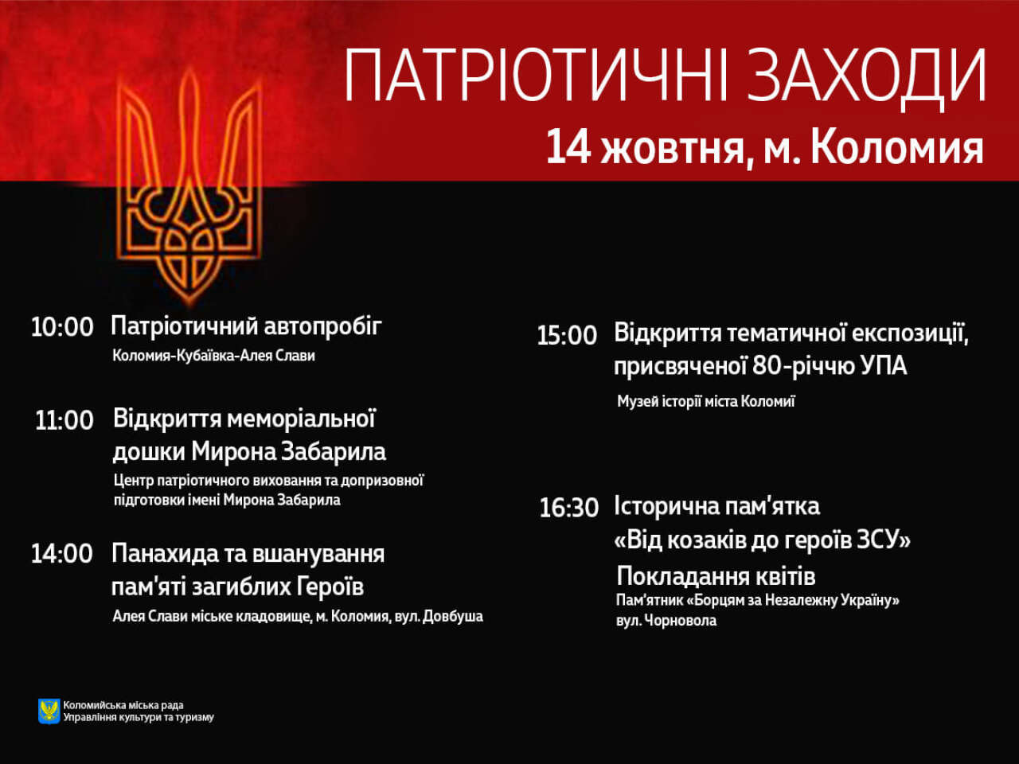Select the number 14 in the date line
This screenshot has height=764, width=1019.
click(568, 146)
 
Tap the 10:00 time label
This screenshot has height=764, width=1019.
click(62, 328)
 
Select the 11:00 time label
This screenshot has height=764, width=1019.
click(64, 420)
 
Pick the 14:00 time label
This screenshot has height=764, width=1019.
click(62, 554)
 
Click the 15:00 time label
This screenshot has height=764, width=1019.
click(567, 335)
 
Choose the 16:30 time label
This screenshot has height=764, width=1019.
click(568, 508)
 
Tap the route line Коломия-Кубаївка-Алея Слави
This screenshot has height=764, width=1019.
click(213, 356)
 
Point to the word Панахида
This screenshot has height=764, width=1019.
click(166, 553)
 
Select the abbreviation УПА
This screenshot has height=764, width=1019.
click(884, 366)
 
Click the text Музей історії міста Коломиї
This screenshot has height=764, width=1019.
click(705, 401)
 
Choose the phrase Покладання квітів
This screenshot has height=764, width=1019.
click(716, 577)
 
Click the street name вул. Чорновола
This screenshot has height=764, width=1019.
click(666, 621)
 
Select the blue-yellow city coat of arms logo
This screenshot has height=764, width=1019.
click(49, 711)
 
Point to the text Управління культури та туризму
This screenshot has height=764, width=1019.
click(139, 718)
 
